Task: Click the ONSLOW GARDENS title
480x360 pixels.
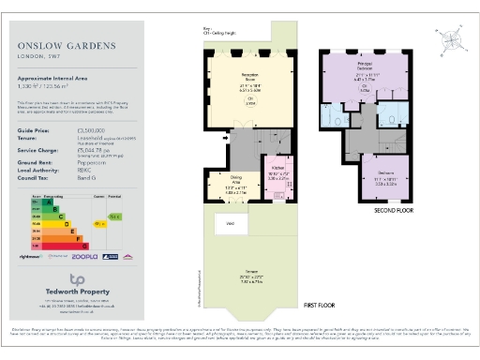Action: (x=64, y=44)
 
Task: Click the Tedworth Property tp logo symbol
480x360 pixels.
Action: (x=79, y=279)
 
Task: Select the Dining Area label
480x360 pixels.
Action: (x=236, y=178)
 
